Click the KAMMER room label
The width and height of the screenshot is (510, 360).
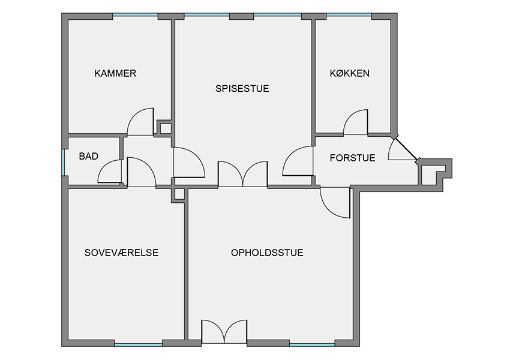(115, 73)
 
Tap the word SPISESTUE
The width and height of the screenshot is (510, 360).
(242, 88)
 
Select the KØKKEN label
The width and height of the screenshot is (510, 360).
(350, 73)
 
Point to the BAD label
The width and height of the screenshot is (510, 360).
(88, 156)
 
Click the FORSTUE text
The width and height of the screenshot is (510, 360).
(353, 158)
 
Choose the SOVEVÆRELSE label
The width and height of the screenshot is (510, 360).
(121, 253)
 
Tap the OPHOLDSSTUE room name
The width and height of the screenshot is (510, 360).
(267, 253)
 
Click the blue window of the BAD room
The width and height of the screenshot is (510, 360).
(64, 162)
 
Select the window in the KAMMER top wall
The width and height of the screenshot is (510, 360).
(136, 15)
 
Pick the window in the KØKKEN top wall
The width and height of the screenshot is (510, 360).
(349, 15)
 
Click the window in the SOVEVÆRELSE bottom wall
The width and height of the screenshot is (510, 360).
(139, 344)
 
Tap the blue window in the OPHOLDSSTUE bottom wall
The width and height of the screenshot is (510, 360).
(312, 344)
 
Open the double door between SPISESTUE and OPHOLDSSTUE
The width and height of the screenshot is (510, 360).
(242, 173)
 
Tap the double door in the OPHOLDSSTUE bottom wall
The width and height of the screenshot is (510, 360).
(224, 332)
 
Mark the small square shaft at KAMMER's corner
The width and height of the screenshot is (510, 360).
(165, 128)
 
